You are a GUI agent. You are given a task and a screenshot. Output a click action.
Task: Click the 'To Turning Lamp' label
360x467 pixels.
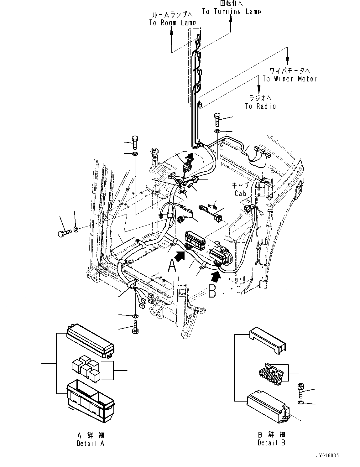[x=231, y=12]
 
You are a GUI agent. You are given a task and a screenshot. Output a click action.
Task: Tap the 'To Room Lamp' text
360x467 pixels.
[x=172, y=23]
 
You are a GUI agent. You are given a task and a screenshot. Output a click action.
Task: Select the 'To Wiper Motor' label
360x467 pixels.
[x=290, y=79]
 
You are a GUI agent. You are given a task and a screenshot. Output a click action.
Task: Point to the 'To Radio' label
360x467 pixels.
[x=260, y=106]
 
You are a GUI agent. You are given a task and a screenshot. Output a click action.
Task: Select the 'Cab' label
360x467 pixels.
[x=240, y=194]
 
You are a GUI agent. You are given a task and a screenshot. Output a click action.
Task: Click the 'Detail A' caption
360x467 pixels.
[x=90, y=443]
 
